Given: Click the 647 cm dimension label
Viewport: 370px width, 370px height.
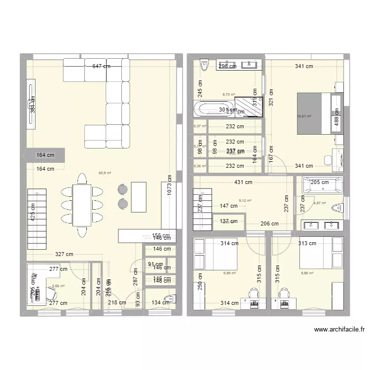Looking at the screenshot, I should pyautogui.click(x=101, y=66).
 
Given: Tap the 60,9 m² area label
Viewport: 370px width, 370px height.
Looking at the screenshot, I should pyautogui.click(x=105, y=173).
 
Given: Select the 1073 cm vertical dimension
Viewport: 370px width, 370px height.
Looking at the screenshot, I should pyautogui.click(x=169, y=185).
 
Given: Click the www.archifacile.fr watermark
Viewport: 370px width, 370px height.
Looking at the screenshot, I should pyautogui.click(x=338, y=331).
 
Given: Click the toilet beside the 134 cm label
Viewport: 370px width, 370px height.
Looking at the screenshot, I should pyautogui.click(x=171, y=298).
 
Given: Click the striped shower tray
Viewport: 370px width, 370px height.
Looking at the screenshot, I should pyautogui.click(x=249, y=107).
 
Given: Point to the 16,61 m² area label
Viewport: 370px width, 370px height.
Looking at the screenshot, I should pyautogui.click(x=304, y=116).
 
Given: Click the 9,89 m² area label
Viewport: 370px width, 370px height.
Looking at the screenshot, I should pyautogui.click(x=229, y=273).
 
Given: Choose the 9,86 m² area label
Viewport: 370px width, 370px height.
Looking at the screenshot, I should pyautogui.click(x=307, y=273).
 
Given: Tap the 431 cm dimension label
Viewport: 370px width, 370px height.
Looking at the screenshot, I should pyautogui.click(x=244, y=183).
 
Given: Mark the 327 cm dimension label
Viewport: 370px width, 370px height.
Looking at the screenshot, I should pyautogui.click(x=64, y=255).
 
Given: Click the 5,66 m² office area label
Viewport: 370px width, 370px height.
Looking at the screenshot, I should pyautogui.click(x=58, y=286).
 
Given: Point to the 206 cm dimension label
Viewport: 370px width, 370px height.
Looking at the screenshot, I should pyautogui.click(x=269, y=223).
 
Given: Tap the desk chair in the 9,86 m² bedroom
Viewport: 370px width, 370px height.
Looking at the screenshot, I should pyautogui.click(x=285, y=295).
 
